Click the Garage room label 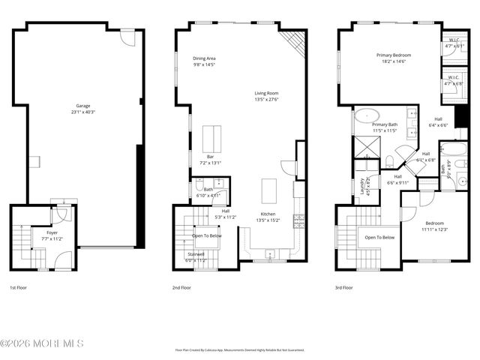pos(85,106)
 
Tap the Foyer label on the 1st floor pos(52,232)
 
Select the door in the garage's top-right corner pos(129,37)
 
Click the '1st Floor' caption pos(19,287)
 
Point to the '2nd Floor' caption pos(182,287)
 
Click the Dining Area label pos(204,58)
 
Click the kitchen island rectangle pos(270,191)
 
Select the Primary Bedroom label pos(393,55)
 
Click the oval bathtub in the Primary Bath pos(367,115)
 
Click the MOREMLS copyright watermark pos(42,343)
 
